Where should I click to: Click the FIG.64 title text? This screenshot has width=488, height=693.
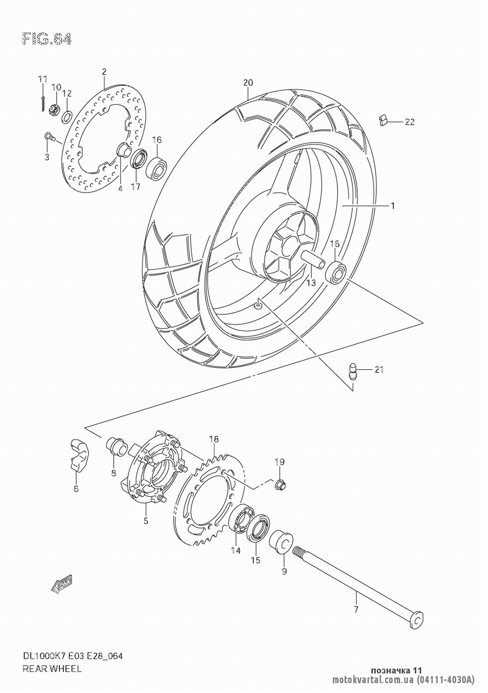click(x=47, y=39)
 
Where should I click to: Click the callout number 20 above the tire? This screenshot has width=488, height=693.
click(x=248, y=83)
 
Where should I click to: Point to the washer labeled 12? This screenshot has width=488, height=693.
click(x=67, y=117)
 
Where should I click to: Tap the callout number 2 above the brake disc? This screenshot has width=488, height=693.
click(x=104, y=72)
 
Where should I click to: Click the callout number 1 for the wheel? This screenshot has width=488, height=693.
click(x=392, y=206)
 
